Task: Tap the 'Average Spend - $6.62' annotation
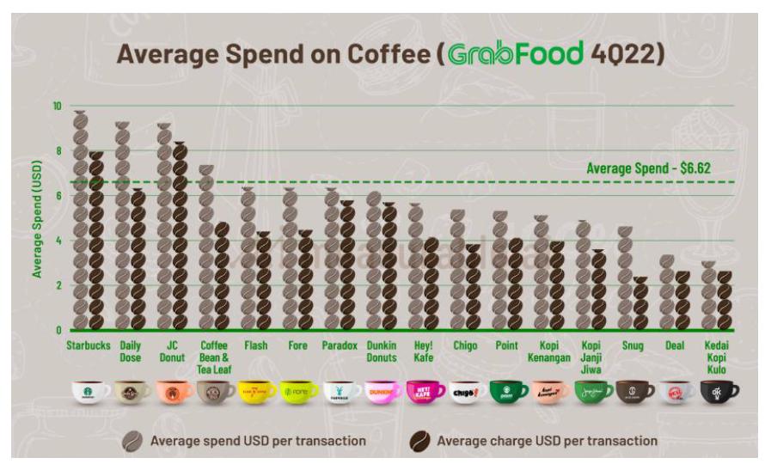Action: coord(648,169)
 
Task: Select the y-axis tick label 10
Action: coord(57,106)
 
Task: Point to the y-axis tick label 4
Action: coord(58,241)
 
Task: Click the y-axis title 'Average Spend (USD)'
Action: coord(38,217)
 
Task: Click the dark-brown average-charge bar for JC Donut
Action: coord(179,236)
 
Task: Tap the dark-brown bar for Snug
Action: coord(640,303)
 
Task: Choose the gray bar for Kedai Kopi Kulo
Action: coord(707,296)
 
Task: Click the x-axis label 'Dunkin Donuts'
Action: coord(381,351)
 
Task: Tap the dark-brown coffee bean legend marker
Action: coord(422,440)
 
